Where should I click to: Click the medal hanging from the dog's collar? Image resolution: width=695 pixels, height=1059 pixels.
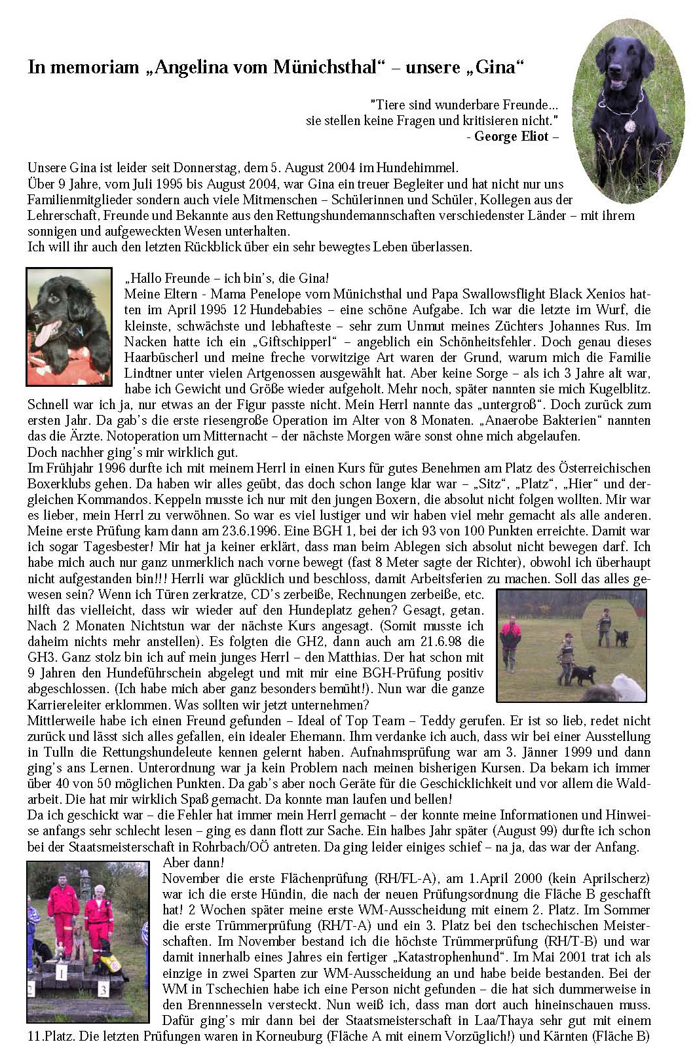pyautogui.click(x=629, y=125)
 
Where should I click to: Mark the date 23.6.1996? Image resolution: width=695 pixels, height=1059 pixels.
pyautogui.click(x=214, y=531)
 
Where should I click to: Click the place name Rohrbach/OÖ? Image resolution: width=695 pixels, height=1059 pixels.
pyautogui.click(x=298, y=847)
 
